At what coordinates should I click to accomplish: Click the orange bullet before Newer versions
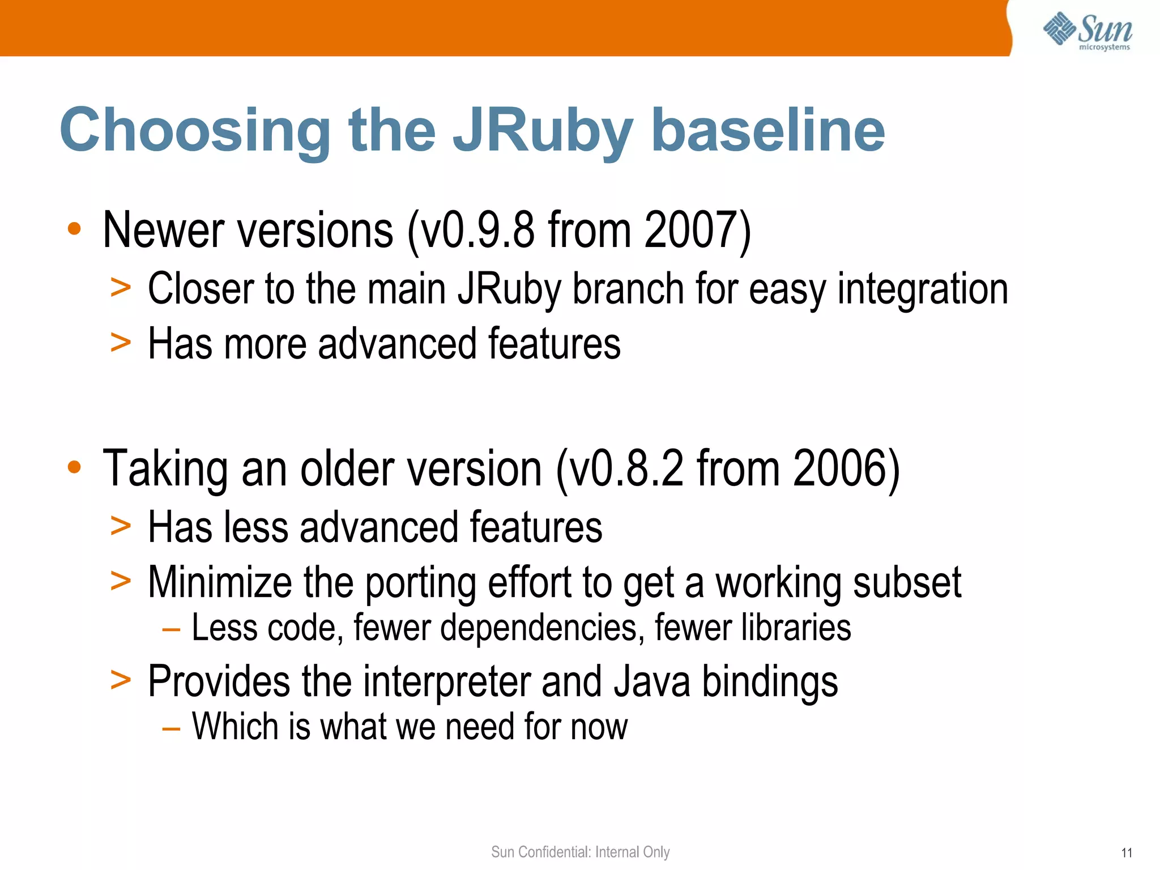tap(74, 229)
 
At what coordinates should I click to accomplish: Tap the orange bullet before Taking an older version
tap(74, 468)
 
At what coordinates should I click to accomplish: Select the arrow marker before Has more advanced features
tap(121, 343)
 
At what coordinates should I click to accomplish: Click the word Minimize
tap(219, 582)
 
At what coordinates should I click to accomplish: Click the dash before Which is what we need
tap(171, 728)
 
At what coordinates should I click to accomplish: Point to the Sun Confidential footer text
tap(580, 852)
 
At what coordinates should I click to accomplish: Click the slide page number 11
tap(1127, 853)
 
